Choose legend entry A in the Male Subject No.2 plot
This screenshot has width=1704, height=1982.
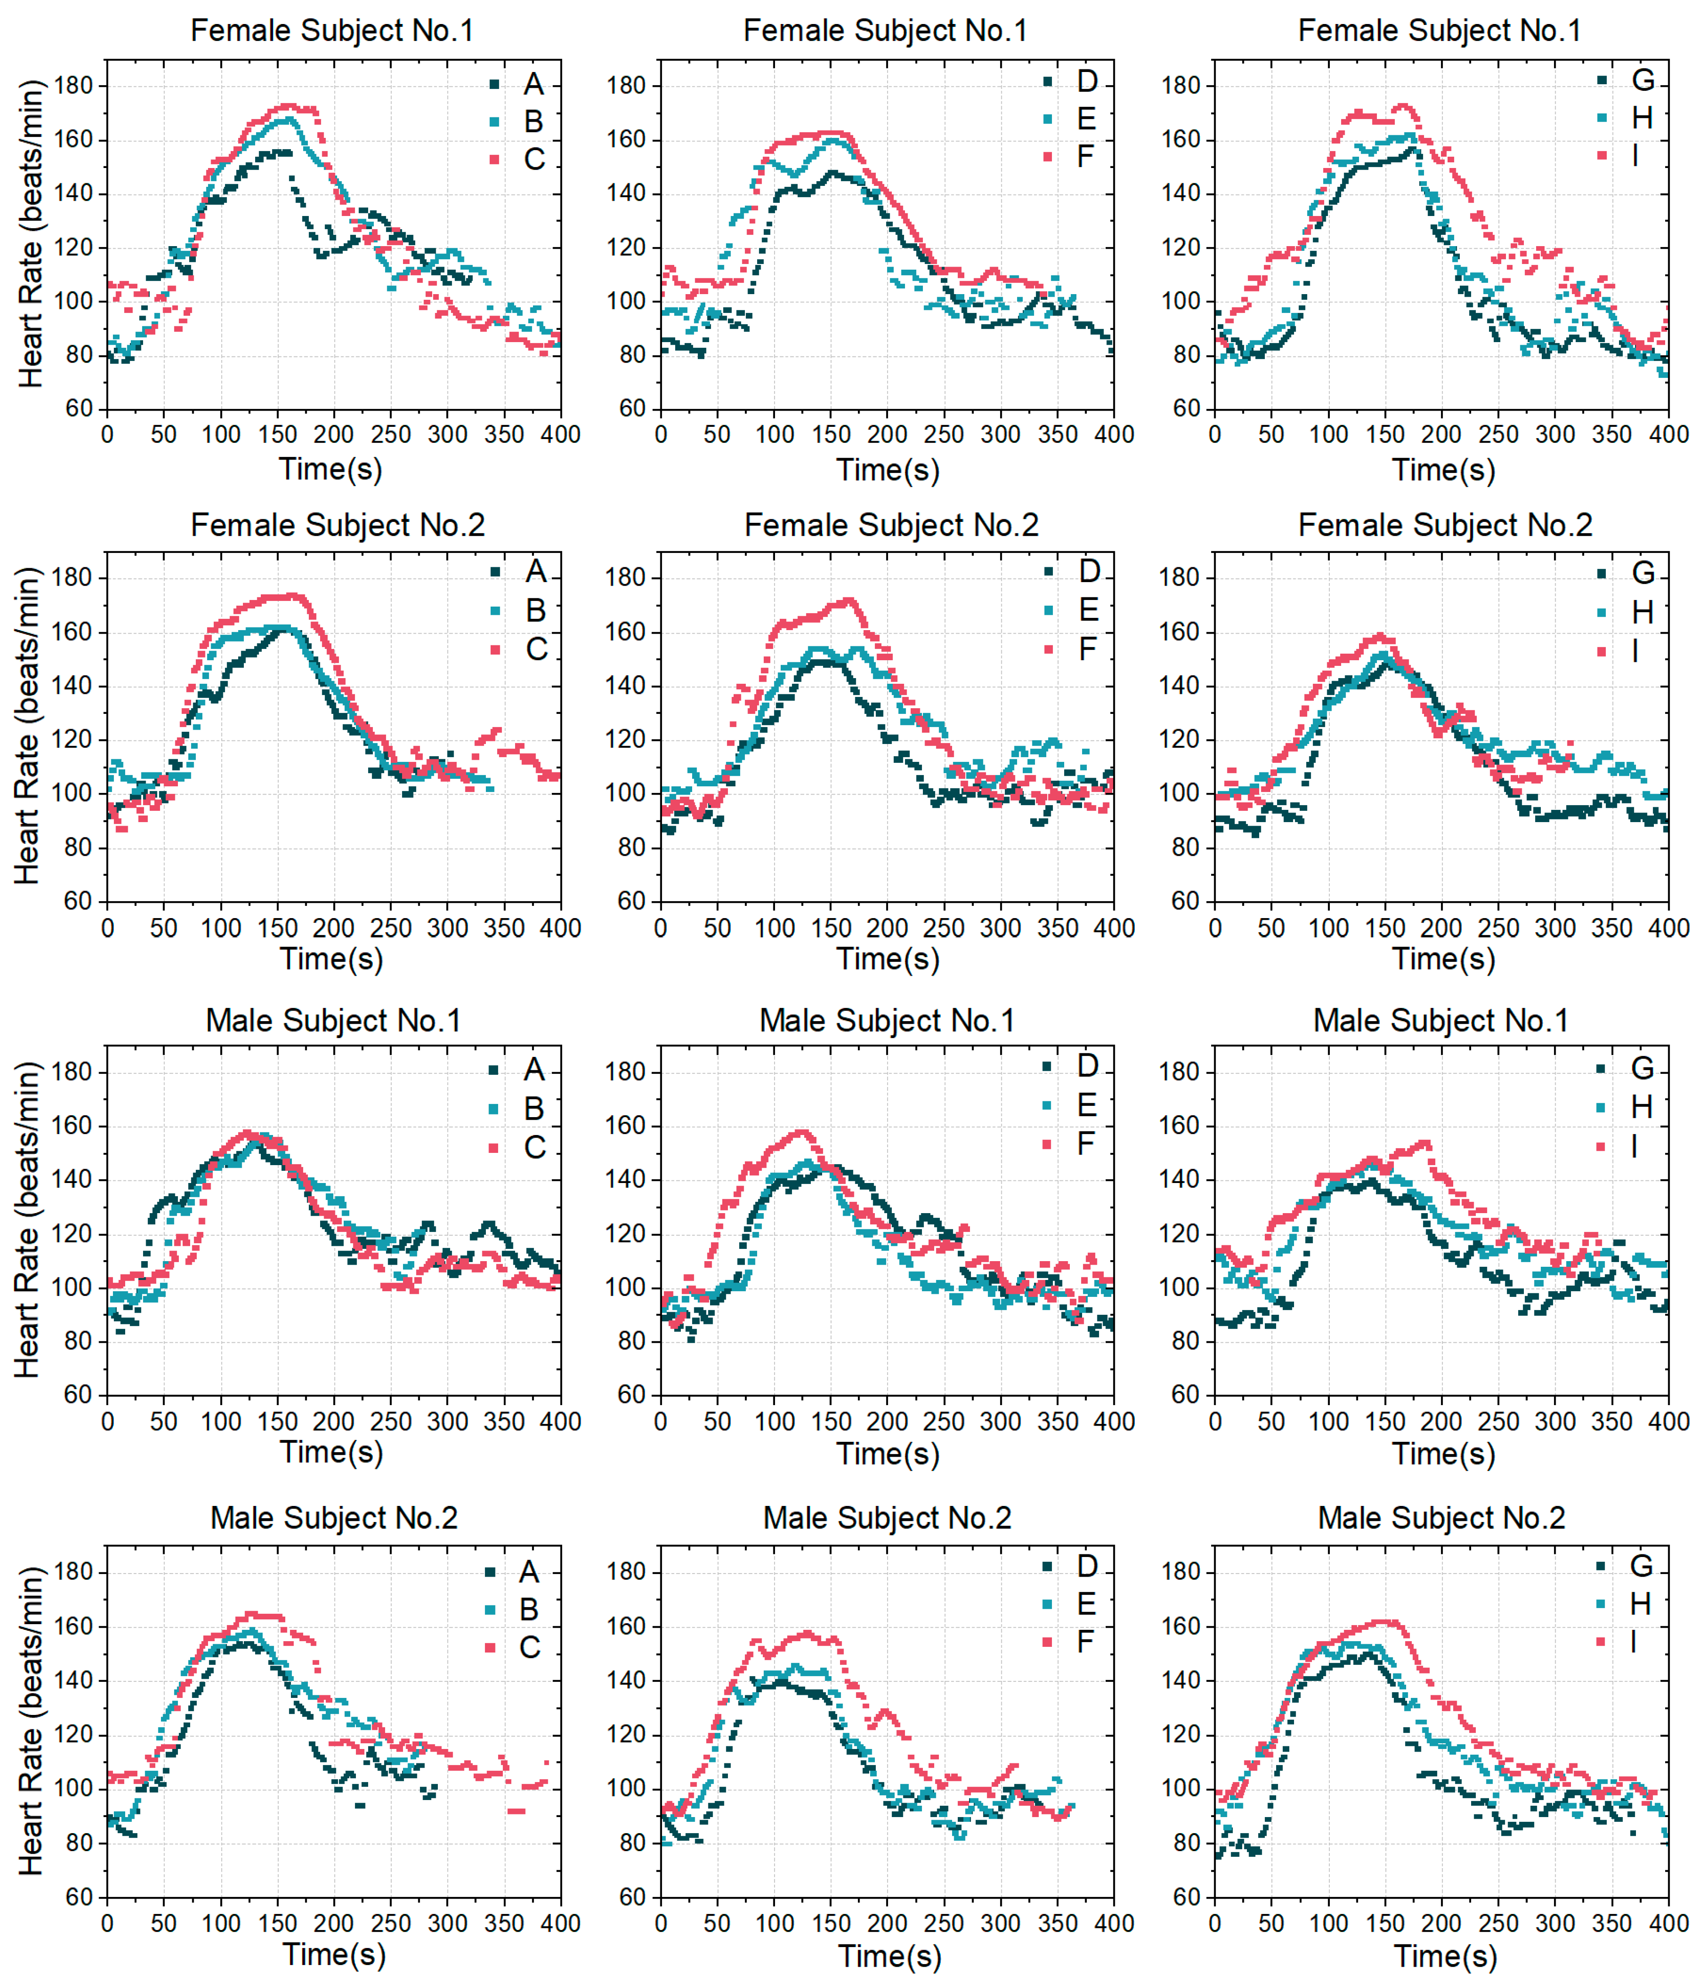515,1572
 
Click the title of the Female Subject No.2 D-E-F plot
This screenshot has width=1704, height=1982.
891,525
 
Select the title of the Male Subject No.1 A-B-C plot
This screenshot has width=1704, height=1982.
334,1021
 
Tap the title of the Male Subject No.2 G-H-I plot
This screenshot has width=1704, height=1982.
1441,1518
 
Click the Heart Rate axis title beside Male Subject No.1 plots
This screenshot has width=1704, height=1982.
29,1220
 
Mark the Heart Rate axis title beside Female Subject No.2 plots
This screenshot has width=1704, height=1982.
29,726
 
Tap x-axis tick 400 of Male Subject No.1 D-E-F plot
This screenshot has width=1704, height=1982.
1114,1421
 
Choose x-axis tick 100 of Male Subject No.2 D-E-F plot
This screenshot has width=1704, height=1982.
775,1924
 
